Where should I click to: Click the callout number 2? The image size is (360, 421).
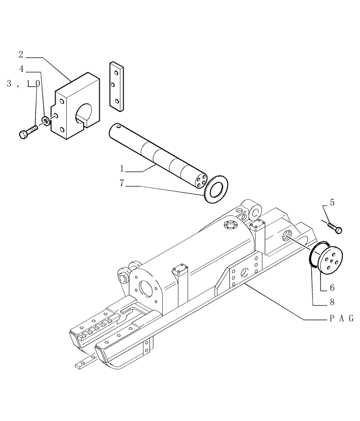point(21,54)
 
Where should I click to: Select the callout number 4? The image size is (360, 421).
point(21,68)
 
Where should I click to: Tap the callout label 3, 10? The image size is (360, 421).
point(24,84)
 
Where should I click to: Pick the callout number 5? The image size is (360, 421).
point(332,203)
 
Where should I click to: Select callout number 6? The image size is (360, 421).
point(332,288)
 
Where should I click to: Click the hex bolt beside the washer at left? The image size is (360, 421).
point(27,131)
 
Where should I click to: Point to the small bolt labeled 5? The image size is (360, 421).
point(335,228)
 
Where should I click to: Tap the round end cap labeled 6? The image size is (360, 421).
point(329,262)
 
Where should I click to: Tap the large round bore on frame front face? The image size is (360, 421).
point(146,290)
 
